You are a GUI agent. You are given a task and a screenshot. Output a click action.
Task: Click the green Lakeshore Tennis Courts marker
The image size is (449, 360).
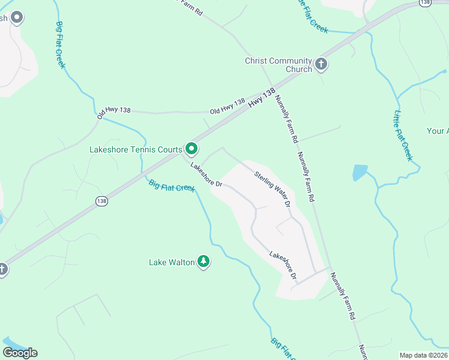[191, 148]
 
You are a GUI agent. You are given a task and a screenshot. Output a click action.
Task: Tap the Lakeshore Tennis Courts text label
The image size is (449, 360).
[136, 149]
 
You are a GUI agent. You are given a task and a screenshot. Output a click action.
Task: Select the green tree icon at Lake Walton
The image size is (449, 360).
[204, 261]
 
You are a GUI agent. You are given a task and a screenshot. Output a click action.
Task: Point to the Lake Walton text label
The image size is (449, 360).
[172, 262]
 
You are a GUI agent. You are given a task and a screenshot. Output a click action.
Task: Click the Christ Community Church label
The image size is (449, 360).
[279, 65]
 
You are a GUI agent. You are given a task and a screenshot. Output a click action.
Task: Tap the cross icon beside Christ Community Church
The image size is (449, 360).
[321, 64]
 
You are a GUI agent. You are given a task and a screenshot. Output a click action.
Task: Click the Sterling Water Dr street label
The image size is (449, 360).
[273, 190]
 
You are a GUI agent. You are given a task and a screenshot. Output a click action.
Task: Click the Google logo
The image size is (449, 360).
[20, 353]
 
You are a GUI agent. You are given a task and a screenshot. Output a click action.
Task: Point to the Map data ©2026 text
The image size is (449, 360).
[423, 355]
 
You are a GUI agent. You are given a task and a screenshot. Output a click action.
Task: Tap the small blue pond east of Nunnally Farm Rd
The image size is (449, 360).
[360, 173]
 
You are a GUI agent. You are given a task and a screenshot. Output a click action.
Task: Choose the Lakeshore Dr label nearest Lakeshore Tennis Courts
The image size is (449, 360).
[206, 175]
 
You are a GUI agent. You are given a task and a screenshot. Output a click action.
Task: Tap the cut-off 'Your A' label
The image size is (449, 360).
[438, 131]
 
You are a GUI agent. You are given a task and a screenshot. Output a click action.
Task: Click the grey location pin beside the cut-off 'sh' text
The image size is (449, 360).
[17, 18]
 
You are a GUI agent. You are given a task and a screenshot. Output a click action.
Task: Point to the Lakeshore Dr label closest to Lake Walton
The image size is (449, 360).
[283, 265]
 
